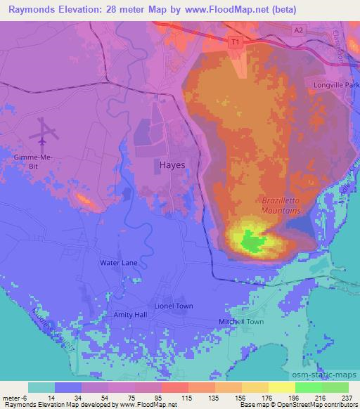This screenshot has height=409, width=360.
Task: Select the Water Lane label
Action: pos(118,262)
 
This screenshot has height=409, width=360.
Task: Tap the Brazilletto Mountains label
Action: pos(281,204)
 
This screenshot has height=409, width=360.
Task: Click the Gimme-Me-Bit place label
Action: pos(34,162)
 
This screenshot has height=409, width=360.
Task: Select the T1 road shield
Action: pos(235,42)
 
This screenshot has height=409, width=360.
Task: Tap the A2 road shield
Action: pos(299,29)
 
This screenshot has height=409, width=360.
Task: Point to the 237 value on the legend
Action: pos(347,397)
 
